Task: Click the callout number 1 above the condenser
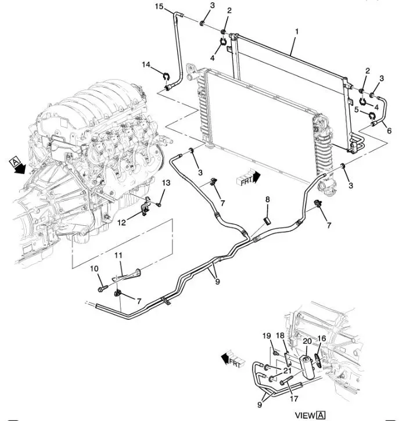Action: (296, 31)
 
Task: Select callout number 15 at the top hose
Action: (159, 6)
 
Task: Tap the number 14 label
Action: (146, 64)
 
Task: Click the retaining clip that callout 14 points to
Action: (166, 77)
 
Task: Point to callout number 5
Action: (357, 109)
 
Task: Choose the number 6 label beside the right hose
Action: (389, 131)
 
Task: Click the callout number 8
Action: (267, 200)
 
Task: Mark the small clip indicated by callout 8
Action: (267, 221)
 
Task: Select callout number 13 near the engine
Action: (166, 183)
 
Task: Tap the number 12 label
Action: (121, 222)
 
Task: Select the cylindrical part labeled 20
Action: (307, 367)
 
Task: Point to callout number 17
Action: (294, 399)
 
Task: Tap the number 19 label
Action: (267, 336)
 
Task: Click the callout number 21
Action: (287, 371)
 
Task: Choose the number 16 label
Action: (321, 339)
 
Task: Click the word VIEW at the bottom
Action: (305, 415)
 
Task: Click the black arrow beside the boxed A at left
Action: (20, 169)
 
